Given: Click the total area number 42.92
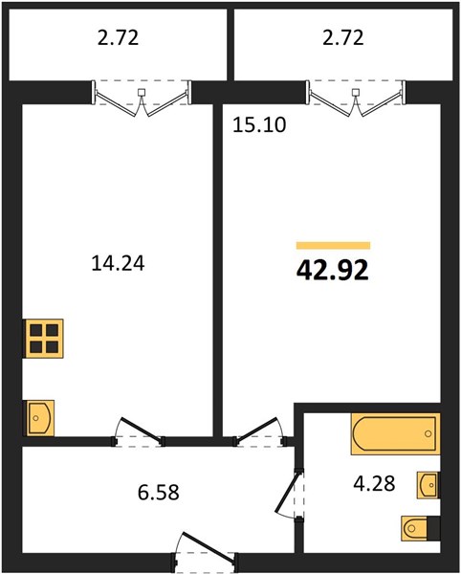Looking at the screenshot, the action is (332, 271).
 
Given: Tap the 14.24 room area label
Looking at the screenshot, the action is (118, 263).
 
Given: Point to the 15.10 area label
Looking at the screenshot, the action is (259, 124).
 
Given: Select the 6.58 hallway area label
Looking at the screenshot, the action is (159, 493).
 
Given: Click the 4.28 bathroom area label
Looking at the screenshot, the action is (374, 483).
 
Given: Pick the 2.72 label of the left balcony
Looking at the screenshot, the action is (119, 37).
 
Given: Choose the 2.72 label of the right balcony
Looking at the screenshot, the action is (342, 37).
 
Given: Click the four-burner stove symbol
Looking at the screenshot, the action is (44, 339).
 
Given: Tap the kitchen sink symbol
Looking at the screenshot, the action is (39, 418).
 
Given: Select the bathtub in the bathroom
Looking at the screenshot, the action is (396, 433).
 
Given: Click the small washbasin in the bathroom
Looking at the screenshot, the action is (428, 485).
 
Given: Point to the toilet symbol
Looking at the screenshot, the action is (420, 528).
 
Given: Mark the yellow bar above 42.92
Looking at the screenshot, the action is (333, 245).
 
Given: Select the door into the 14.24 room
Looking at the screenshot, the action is (139, 432).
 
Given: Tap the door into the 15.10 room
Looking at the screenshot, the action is (259, 432).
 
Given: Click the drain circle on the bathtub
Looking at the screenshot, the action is (428, 433).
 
